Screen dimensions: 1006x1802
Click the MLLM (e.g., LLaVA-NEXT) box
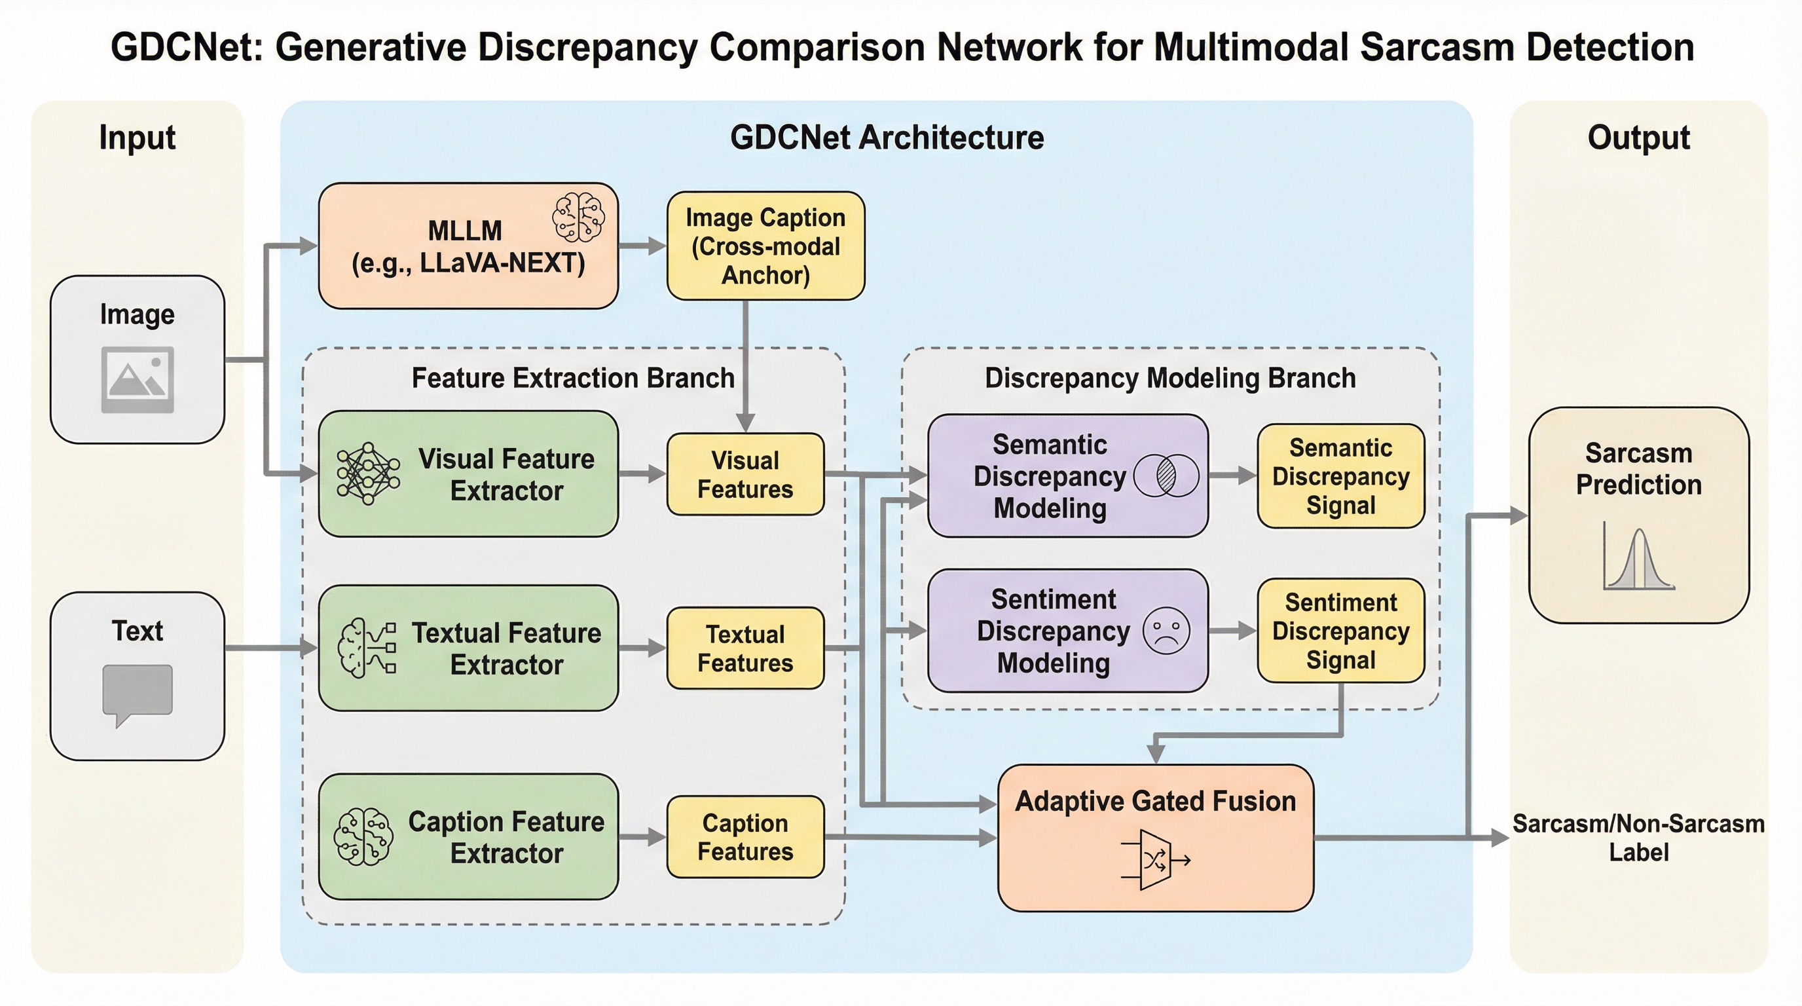point(468,246)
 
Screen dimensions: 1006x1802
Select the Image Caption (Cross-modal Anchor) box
point(765,246)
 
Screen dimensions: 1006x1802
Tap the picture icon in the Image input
point(137,379)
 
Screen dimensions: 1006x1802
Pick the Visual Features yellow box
point(745,474)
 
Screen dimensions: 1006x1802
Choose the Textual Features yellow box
point(745,648)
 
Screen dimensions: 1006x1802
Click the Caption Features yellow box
point(745,837)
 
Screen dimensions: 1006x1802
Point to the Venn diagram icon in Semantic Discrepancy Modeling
point(1166,475)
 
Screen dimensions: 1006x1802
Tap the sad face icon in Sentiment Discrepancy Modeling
point(1166,630)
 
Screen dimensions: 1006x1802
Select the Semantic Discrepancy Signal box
point(1340,475)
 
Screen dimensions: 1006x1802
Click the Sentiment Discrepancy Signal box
point(1340,630)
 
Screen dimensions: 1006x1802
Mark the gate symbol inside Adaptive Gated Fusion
point(1155,860)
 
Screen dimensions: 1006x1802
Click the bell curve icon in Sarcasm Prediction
point(1638,560)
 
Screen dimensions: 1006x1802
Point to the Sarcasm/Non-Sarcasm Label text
point(1638,838)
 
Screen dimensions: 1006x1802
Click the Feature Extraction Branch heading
point(572,378)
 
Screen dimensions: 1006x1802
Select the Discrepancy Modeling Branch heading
point(1169,378)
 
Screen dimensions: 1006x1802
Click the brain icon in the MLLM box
point(578,217)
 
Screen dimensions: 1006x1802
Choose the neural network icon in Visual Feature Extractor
point(368,473)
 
